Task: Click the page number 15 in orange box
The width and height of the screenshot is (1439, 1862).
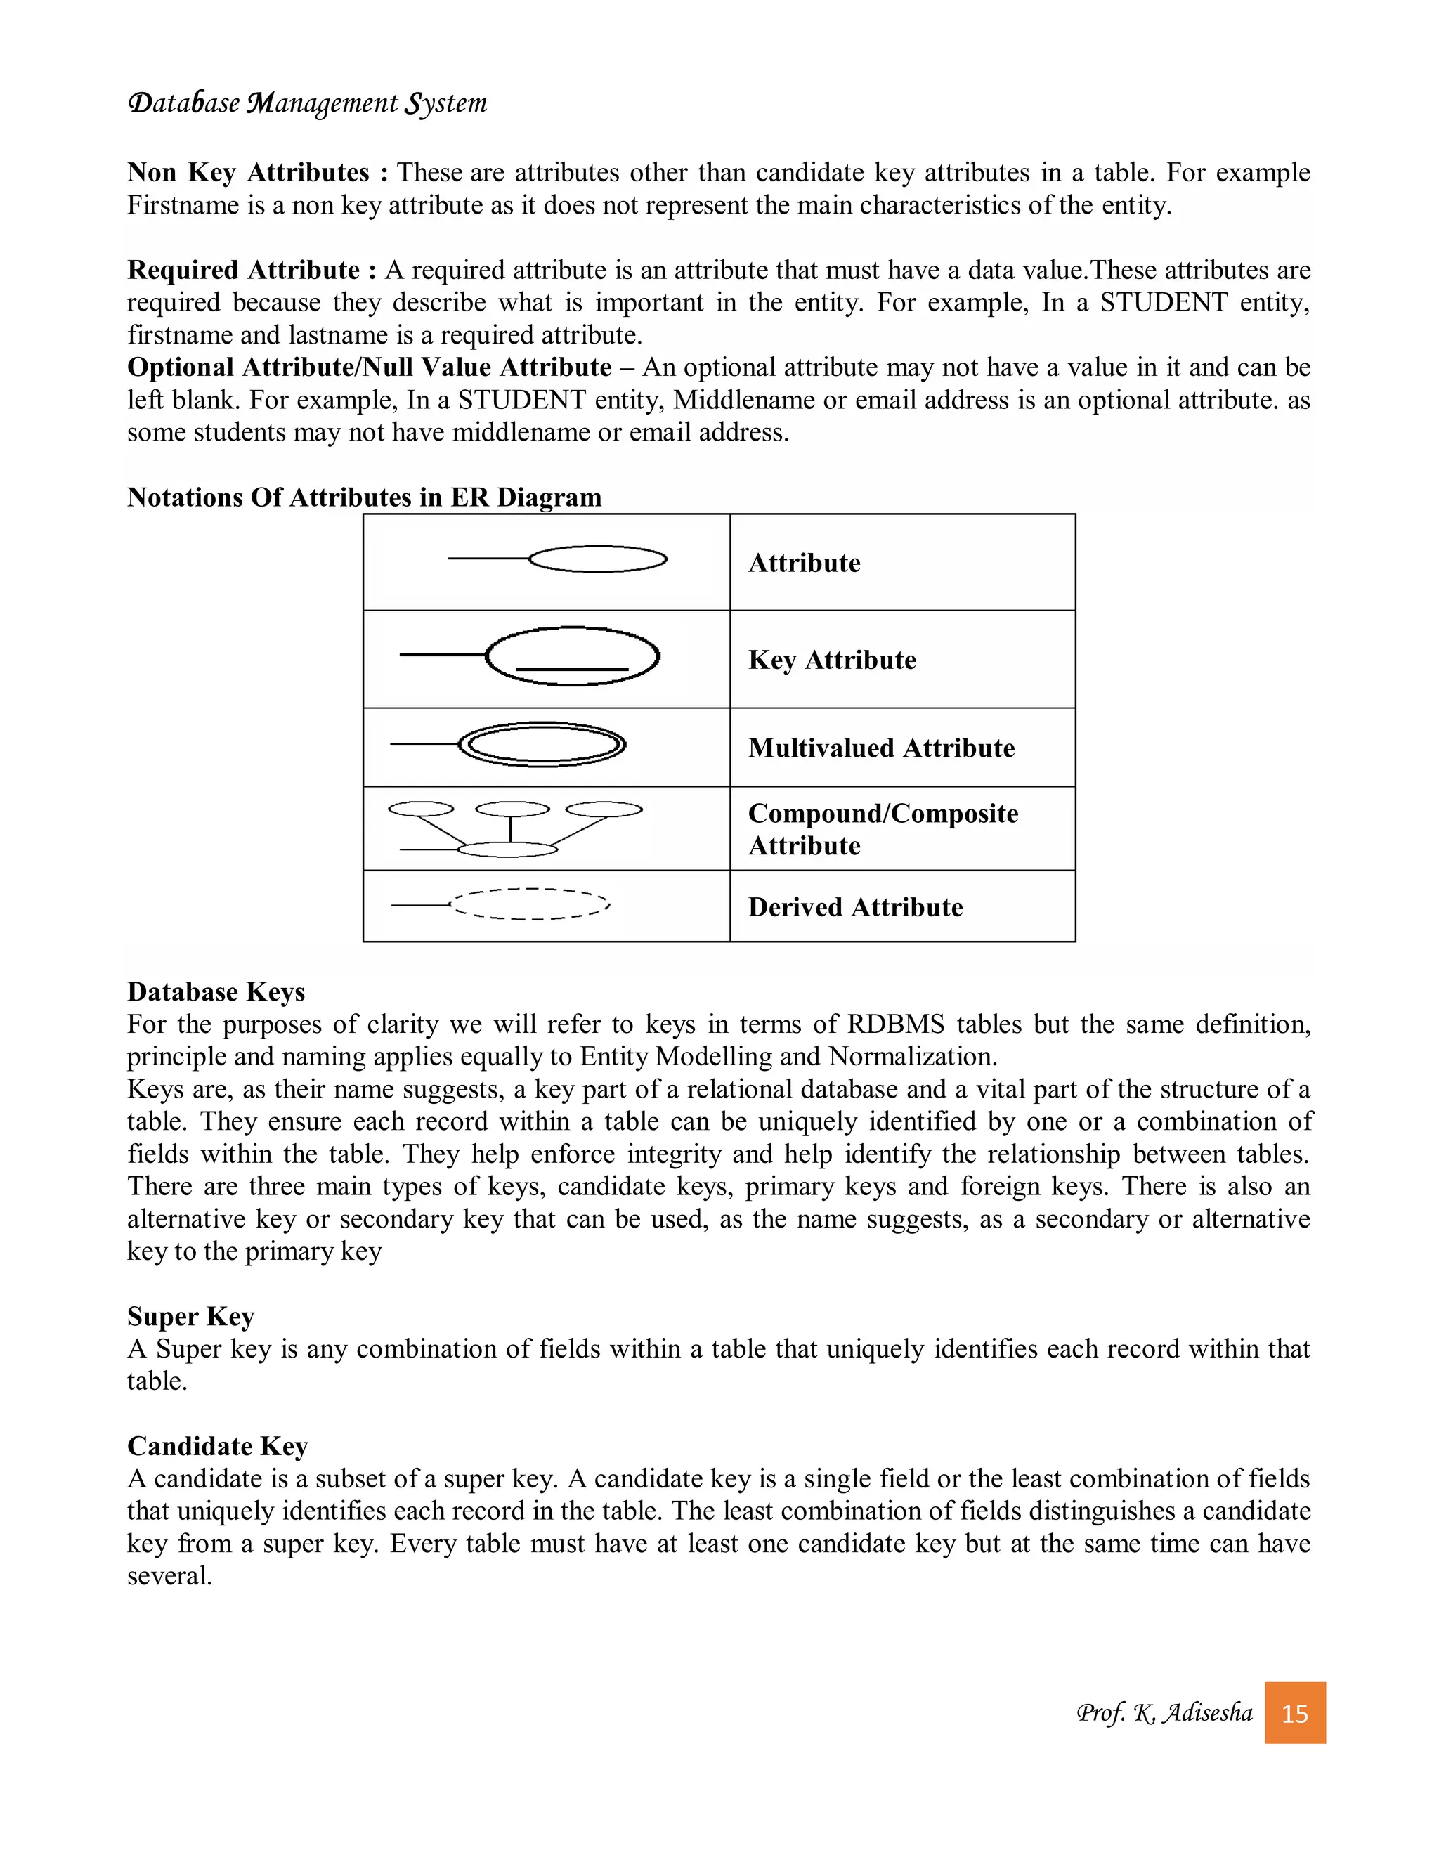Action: (1294, 1713)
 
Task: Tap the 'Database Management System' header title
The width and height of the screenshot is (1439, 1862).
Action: (307, 103)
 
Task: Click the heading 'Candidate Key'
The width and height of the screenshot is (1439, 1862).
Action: (217, 1446)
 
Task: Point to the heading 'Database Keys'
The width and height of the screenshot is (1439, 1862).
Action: (216, 991)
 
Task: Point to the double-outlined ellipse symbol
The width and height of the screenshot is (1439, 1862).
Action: (542, 745)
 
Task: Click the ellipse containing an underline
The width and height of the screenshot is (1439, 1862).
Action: (573, 656)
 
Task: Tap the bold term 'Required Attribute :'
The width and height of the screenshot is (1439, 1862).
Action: (252, 271)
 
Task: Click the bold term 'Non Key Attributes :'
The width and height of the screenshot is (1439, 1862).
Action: (257, 173)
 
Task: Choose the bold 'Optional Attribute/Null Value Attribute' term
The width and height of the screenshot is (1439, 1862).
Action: (369, 367)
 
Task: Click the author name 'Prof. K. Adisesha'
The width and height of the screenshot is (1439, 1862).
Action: (1164, 1713)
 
